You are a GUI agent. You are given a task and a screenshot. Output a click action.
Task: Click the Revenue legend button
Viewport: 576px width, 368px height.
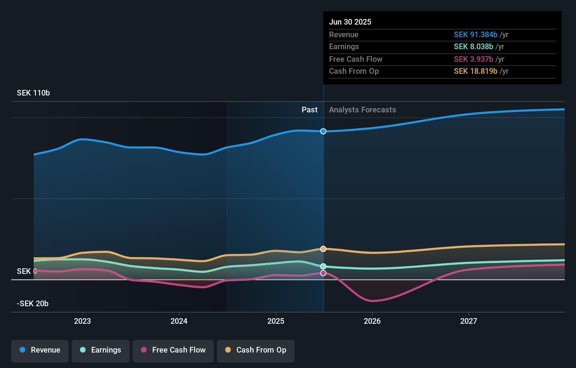tap(40, 350)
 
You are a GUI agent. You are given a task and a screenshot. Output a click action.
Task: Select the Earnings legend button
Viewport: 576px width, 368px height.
tap(101, 350)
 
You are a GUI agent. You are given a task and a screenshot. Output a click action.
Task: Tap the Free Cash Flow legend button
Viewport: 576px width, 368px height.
tap(173, 350)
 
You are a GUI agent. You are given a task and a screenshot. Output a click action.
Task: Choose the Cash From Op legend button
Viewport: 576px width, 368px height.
tap(256, 350)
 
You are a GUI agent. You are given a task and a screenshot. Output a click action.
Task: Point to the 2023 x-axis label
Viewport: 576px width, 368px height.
tap(82, 321)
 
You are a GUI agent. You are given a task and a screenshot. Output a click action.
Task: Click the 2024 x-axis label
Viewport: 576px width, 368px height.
tap(179, 321)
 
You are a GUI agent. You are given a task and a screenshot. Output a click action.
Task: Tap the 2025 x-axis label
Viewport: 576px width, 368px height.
tap(276, 321)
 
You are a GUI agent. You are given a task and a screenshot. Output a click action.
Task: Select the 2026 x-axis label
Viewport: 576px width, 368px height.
tap(372, 321)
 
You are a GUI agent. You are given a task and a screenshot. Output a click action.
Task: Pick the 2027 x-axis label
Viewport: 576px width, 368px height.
tap(469, 321)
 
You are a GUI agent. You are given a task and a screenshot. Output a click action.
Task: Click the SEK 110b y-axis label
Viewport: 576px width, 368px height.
tap(33, 93)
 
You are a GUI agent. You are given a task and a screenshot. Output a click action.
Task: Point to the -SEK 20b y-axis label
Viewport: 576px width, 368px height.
tap(33, 304)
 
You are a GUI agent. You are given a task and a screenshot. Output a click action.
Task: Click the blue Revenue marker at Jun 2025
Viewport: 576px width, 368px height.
tap(323, 131)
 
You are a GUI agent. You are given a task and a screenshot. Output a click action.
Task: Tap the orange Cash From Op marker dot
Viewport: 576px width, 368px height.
tap(323, 249)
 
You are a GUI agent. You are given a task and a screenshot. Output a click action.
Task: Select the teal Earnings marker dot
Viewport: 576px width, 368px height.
tap(323, 267)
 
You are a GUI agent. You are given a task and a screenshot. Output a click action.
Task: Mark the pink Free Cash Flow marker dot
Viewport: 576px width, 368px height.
tap(323, 273)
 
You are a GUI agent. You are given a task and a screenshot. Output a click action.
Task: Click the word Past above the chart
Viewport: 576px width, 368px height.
tap(309, 110)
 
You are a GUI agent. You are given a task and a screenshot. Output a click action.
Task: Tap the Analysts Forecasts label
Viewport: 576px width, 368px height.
tap(362, 110)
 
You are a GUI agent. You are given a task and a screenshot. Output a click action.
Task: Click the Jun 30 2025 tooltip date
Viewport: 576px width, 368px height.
tap(350, 22)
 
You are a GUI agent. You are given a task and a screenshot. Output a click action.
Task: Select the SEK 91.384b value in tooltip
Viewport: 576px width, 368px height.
tap(475, 35)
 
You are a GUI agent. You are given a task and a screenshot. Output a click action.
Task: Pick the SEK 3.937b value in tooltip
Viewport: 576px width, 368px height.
tap(473, 59)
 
